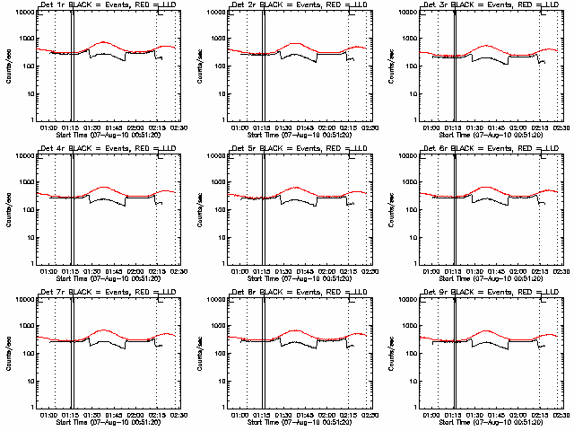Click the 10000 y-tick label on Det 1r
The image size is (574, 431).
[x=21, y=12]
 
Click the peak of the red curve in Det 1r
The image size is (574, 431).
[x=104, y=42]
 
